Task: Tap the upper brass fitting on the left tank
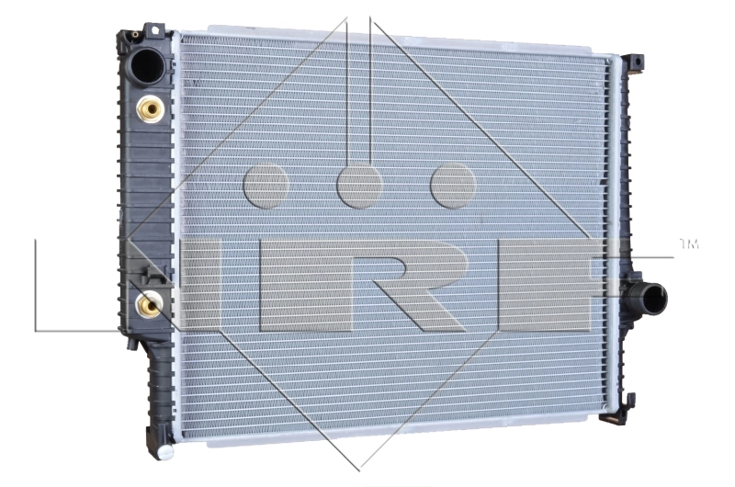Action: pyautogui.click(x=150, y=110)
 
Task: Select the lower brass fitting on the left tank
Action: pyautogui.click(x=149, y=303)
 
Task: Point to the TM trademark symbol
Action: pyautogui.click(x=688, y=244)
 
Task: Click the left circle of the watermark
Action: pyautogui.click(x=266, y=187)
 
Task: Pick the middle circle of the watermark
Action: pyautogui.click(x=359, y=187)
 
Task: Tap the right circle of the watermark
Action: pyautogui.click(x=453, y=187)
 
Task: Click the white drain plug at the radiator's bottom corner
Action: pyautogui.click(x=165, y=452)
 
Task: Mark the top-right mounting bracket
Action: pyautogui.click(x=634, y=63)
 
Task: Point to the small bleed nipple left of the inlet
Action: pyautogui.click(x=135, y=35)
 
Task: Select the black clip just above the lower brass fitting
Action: pyautogui.click(x=153, y=273)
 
